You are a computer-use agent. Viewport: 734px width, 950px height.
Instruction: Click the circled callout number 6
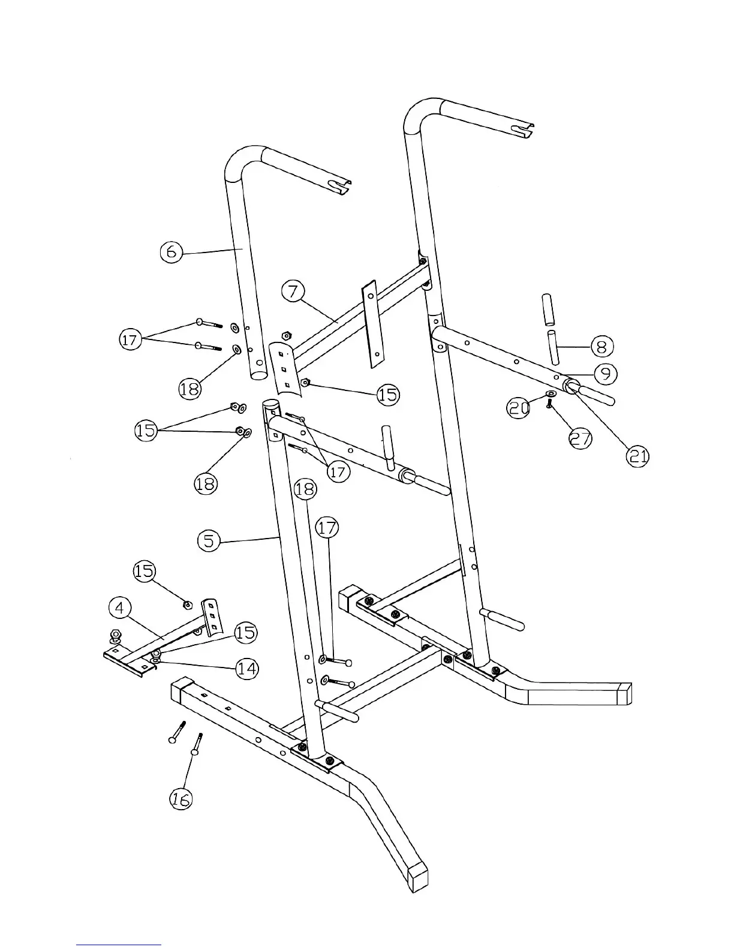[x=172, y=252]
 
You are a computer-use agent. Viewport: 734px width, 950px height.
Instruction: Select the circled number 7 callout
[x=293, y=293]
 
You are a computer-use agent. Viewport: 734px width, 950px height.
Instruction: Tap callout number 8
[x=602, y=346]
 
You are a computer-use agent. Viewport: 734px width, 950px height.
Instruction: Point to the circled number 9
[x=606, y=374]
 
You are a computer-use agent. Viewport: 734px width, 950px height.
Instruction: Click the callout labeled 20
[x=519, y=408]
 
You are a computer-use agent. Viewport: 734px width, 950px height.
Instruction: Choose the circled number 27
[x=580, y=438]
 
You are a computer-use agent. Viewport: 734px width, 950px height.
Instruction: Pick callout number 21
[x=637, y=457]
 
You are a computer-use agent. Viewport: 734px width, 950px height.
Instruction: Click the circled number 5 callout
[x=209, y=541]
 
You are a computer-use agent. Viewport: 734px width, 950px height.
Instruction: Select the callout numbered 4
[x=120, y=608]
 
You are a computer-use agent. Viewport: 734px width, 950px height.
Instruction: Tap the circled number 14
[x=247, y=668]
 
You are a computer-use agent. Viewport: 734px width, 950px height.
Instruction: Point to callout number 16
[x=181, y=798]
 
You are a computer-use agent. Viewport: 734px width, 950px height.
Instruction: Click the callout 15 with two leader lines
[x=146, y=430]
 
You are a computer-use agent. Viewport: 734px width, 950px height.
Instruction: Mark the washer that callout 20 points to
[x=550, y=394]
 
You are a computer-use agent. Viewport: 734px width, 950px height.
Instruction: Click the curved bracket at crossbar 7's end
[x=284, y=366]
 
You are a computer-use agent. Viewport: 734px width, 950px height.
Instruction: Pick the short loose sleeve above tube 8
[x=548, y=309]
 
